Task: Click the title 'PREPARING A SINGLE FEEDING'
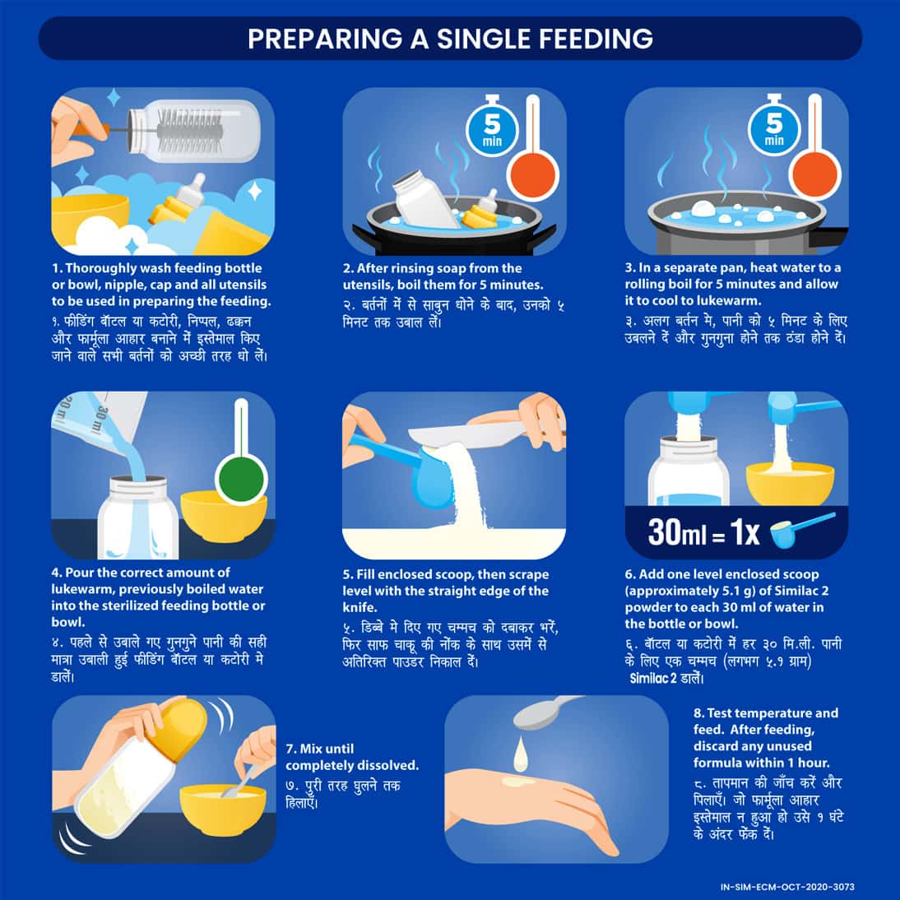tap(450, 39)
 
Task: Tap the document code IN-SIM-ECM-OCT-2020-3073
tap(786, 887)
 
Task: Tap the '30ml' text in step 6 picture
tap(677, 532)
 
